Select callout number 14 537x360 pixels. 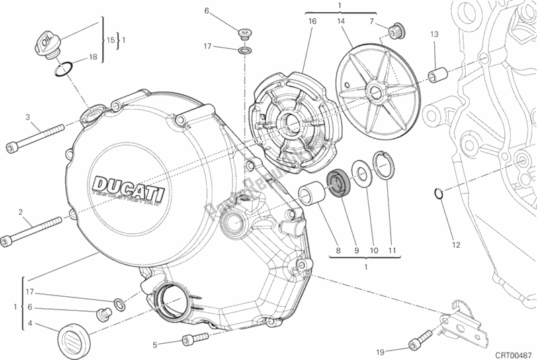click(341, 21)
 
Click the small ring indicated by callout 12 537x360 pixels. click(438, 195)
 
